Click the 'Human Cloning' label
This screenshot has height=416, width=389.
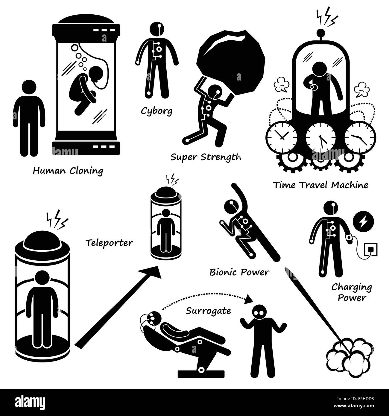(68, 171)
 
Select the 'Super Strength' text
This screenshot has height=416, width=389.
(206, 157)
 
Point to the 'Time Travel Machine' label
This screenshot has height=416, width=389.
(321, 185)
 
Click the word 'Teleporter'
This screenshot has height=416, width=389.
(109, 243)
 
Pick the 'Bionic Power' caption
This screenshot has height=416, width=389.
(239, 272)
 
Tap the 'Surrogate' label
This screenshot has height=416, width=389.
(208, 311)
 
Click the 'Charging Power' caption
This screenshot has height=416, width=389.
(352, 293)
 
